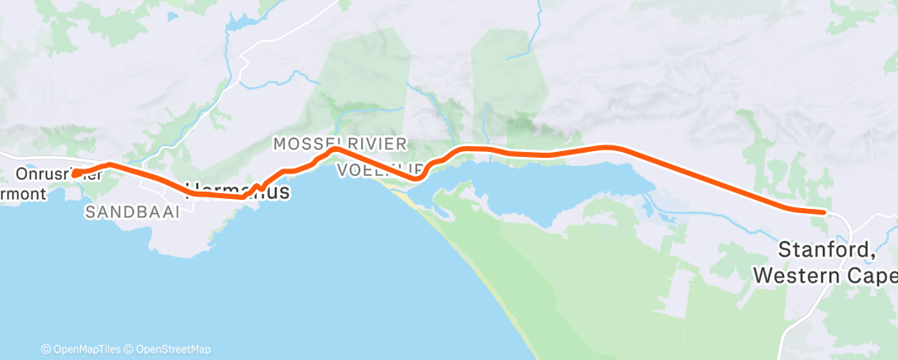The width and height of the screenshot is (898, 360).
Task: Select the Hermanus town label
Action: coord(239,192)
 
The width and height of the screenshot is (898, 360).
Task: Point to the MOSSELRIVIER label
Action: coord(339,144)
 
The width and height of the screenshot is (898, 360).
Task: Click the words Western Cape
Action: coord(825,274)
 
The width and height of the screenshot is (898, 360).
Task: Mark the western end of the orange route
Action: coord(74,174)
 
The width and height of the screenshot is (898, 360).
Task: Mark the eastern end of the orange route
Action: coord(823,212)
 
